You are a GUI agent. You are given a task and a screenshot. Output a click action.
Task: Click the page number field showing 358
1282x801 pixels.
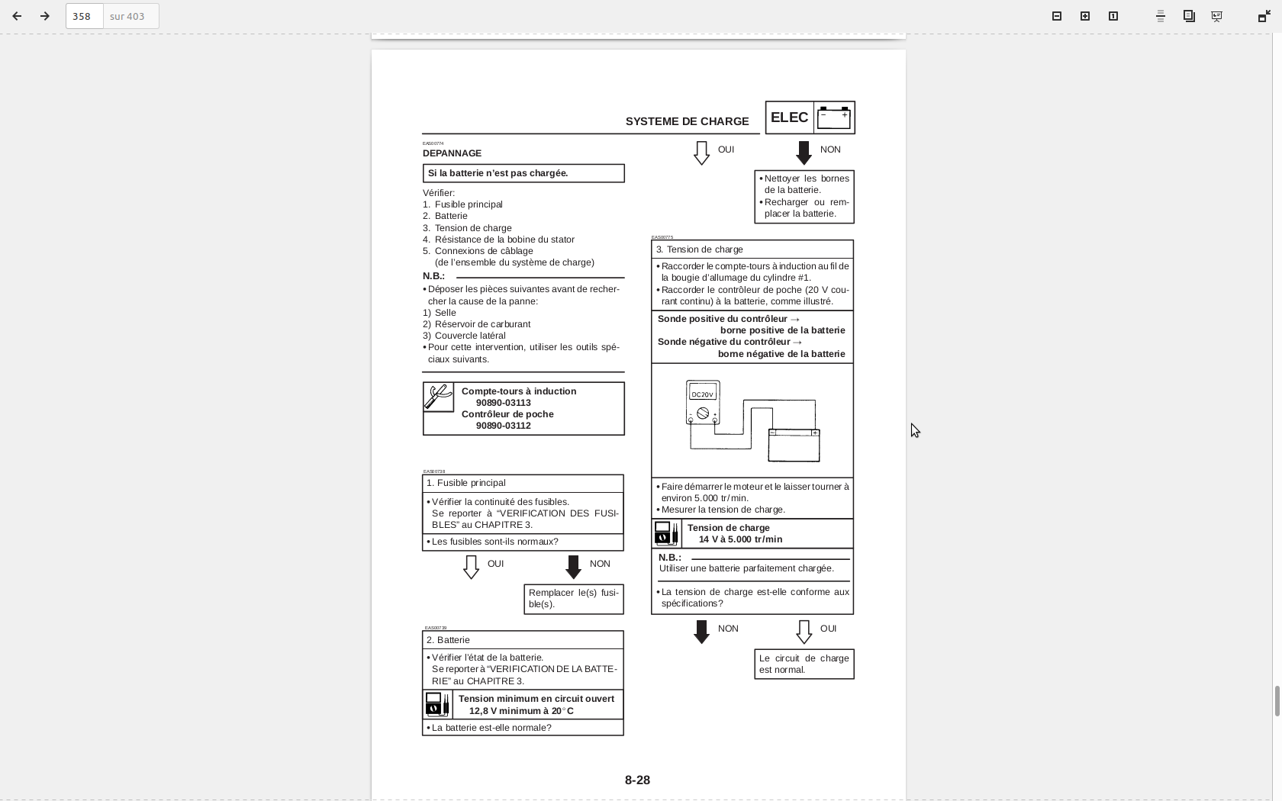(84, 16)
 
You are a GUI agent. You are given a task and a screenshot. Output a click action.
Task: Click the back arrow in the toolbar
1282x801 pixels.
(17, 16)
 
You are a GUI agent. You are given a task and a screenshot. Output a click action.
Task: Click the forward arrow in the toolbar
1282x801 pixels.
(45, 16)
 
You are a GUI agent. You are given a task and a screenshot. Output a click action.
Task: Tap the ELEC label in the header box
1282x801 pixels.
(789, 117)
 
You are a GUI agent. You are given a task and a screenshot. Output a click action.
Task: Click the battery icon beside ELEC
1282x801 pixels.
(833, 117)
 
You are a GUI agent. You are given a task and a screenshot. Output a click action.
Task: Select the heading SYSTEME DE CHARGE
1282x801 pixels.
(687, 121)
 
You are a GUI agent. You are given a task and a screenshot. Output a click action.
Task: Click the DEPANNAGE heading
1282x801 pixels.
(452, 153)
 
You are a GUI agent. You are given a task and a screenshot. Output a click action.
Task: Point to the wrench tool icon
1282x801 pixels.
(439, 397)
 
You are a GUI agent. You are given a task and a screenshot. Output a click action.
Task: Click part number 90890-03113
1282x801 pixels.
(503, 403)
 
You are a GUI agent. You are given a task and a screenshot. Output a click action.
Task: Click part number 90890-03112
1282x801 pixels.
(503, 426)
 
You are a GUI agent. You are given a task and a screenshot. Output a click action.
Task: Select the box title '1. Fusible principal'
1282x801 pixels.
(466, 483)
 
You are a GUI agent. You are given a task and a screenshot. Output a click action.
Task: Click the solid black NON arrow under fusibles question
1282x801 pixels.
(573, 567)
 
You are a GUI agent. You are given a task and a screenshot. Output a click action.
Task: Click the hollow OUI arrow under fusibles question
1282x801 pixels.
(471, 567)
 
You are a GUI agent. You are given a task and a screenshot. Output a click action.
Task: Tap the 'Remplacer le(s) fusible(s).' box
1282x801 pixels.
(573, 599)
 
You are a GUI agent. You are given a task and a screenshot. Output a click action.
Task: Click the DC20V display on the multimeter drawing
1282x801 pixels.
(702, 394)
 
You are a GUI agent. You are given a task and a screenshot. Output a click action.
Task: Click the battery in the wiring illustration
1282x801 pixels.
(794, 446)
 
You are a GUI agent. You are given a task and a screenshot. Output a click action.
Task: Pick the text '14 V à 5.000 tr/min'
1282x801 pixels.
(740, 539)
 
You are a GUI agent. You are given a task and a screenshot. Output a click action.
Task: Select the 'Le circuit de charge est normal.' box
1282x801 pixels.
(804, 664)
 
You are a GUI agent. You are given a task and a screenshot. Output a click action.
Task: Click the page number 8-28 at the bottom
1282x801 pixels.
(637, 780)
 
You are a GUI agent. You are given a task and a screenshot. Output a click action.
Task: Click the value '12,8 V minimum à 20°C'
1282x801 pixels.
(521, 711)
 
